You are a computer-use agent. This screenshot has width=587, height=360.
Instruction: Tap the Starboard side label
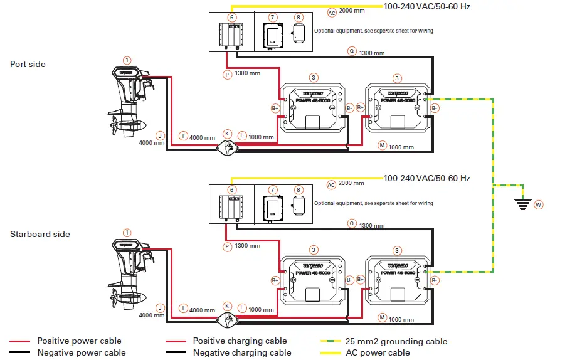[x=40, y=234]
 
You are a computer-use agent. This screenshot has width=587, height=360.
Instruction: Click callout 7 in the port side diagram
[x=272, y=18]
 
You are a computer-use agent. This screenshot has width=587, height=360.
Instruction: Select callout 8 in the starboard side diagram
[x=299, y=189]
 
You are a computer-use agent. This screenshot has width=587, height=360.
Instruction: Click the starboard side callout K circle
[x=227, y=306]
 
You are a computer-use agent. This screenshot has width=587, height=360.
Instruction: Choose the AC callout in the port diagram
[x=332, y=13]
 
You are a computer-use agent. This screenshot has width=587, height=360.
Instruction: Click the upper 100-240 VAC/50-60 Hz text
[x=426, y=7]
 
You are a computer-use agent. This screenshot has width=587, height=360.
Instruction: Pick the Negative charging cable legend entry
[x=241, y=352]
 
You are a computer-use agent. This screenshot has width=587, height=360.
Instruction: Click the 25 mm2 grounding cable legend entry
[x=396, y=341]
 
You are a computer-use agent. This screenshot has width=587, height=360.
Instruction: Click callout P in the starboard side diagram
[x=227, y=246]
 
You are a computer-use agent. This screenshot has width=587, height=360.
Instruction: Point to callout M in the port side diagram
[x=382, y=146]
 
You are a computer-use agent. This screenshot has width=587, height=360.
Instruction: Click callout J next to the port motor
[x=160, y=135]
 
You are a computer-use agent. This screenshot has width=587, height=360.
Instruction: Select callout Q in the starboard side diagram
[x=351, y=223]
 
